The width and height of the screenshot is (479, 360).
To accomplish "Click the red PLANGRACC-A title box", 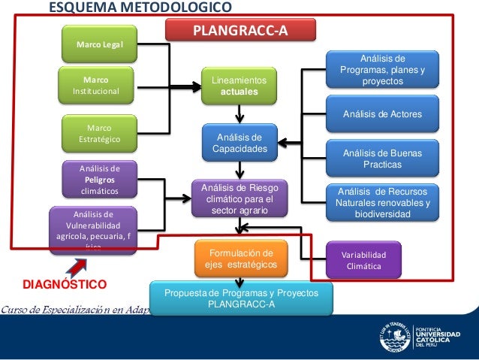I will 240,30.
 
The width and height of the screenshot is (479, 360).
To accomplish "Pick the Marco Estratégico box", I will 100,133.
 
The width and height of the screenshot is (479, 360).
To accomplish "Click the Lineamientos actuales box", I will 239,86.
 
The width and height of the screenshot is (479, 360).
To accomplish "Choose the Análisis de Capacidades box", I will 239,143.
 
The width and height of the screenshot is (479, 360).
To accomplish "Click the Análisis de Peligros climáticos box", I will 100,180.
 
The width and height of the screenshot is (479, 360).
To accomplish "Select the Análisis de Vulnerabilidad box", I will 92,228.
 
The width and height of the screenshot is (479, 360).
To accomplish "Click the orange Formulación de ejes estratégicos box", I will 240,258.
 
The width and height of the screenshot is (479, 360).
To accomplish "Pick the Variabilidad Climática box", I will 363,259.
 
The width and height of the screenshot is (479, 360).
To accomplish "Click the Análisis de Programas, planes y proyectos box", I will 382,70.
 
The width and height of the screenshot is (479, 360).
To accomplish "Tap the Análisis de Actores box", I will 382,114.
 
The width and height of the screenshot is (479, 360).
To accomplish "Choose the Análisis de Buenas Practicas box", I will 382,159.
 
